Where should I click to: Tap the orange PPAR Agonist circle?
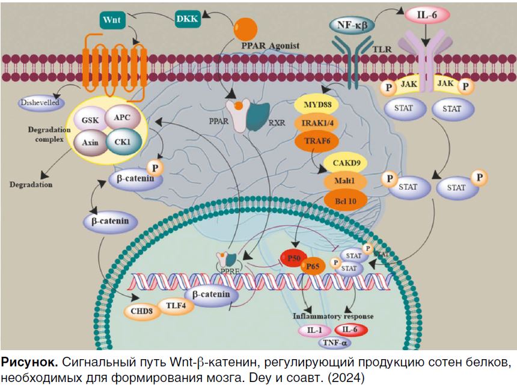pyautogui.click(x=245, y=28)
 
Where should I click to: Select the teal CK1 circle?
pyautogui.click(x=123, y=142)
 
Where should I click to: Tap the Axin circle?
pyautogui.click(x=90, y=144)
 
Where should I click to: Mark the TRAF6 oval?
pyautogui.click(x=316, y=142)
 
